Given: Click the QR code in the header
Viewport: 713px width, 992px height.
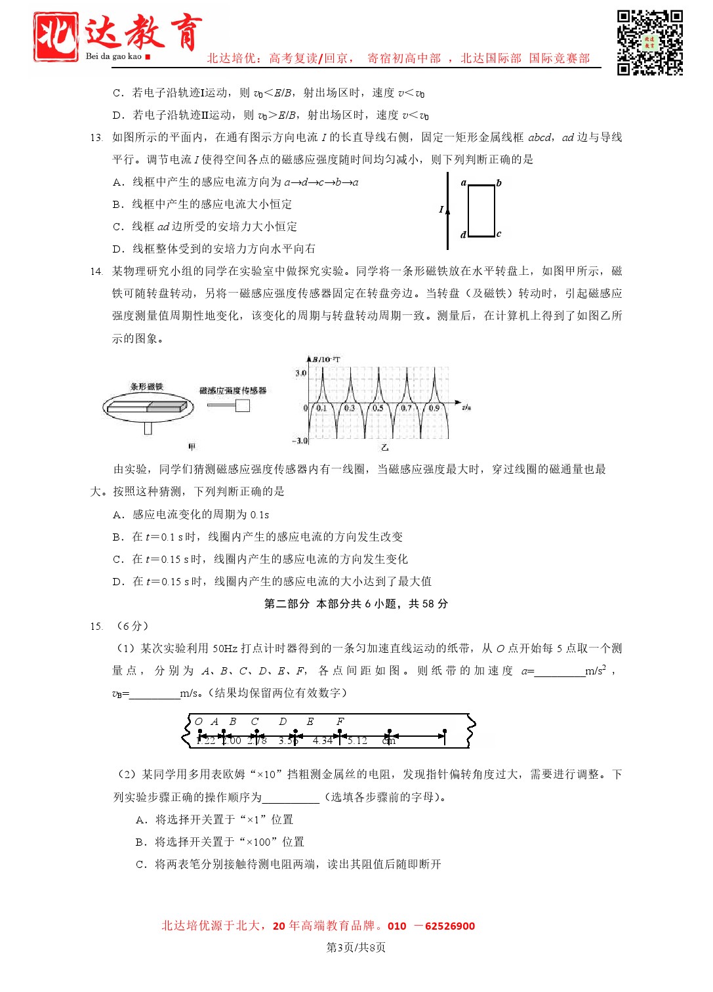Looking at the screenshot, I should [649, 43].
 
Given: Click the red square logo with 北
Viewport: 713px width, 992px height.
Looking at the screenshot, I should [56, 37].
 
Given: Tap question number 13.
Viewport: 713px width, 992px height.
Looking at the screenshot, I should [96, 138].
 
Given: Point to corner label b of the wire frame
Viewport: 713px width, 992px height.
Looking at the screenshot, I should [499, 183].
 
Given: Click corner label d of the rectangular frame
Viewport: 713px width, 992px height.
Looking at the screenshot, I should [463, 234].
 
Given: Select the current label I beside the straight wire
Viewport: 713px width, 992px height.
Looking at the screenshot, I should [441, 209].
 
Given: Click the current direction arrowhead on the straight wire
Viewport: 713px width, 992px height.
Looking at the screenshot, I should [448, 211].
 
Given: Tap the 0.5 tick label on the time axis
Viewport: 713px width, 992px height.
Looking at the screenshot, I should [378, 408].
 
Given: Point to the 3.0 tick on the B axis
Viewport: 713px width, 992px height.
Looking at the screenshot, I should [300, 373].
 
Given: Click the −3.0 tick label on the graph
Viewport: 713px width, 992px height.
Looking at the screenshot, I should [300, 441].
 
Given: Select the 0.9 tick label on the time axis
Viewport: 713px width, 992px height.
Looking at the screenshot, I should [434, 408].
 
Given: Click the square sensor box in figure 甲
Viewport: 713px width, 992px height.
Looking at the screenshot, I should [243, 405].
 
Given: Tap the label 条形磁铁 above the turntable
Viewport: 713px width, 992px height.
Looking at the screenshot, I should [147, 387].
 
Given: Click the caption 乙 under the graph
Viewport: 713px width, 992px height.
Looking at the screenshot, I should [385, 448].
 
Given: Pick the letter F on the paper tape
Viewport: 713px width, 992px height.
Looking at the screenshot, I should [340, 722].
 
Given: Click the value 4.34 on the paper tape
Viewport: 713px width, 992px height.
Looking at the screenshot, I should [323, 741].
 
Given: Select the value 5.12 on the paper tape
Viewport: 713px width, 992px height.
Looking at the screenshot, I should [357, 741].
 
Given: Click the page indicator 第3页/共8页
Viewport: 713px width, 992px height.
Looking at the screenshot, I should [356, 947].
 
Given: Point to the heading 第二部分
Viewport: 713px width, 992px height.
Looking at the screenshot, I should [287, 604].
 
